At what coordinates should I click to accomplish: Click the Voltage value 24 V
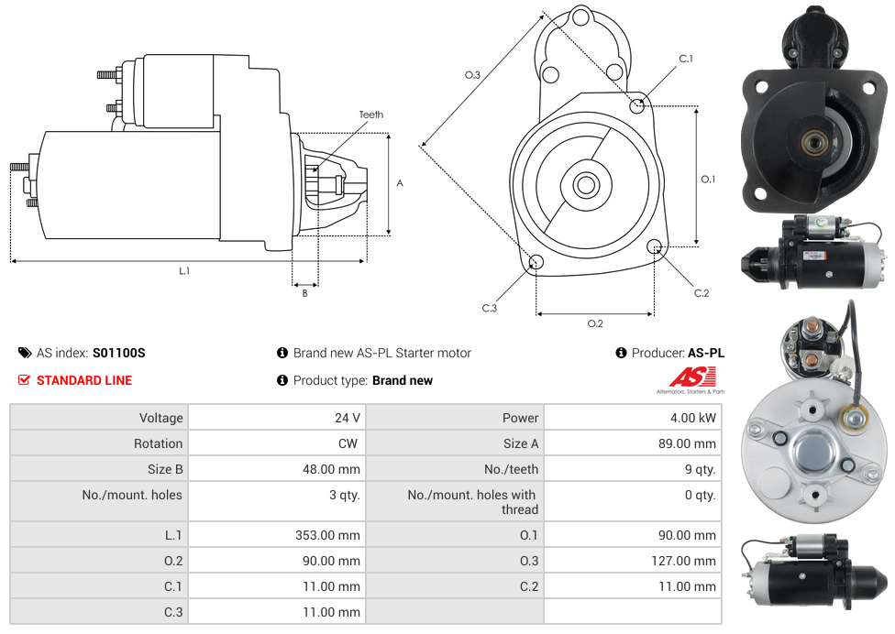(x=347, y=418)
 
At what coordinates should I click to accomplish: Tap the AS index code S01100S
(x=119, y=353)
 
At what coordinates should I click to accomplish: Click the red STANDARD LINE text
(x=84, y=380)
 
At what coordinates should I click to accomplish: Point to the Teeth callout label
(x=370, y=115)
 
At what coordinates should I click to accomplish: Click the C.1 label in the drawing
(x=686, y=60)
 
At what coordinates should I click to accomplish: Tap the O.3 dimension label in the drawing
(x=472, y=75)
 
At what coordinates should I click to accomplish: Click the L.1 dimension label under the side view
(x=184, y=270)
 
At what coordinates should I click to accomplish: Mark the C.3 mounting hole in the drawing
(x=536, y=264)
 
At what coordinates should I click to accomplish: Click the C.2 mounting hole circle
(x=655, y=246)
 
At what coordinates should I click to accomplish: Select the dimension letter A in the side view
(x=400, y=183)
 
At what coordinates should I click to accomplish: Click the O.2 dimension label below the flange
(x=595, y=323)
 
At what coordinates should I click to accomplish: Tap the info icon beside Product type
(x=282, y=380)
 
